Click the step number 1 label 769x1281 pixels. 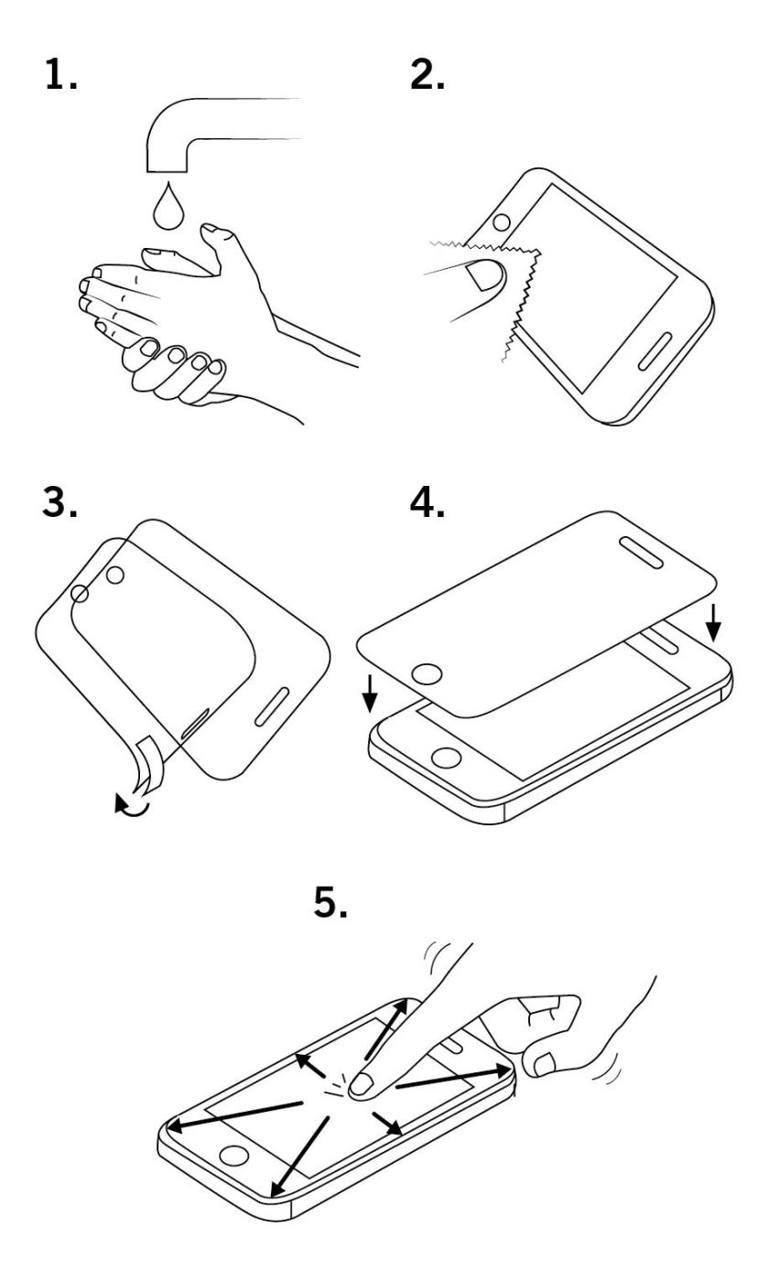[60, 75]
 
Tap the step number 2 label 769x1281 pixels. [427, 75]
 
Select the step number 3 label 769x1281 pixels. [60, 503]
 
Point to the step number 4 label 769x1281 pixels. [427, 503]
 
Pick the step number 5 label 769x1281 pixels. [330, 902]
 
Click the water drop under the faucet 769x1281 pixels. [168, 206]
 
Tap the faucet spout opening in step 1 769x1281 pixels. [167, 171]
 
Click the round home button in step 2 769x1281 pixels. [502, 221]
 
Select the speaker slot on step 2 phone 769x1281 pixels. [655, 350]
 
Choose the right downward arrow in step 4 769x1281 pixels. [713, 623]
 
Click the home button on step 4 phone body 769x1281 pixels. [447, 758]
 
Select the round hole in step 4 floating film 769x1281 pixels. [427, 674]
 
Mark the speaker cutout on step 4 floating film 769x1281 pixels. [641, 553]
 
